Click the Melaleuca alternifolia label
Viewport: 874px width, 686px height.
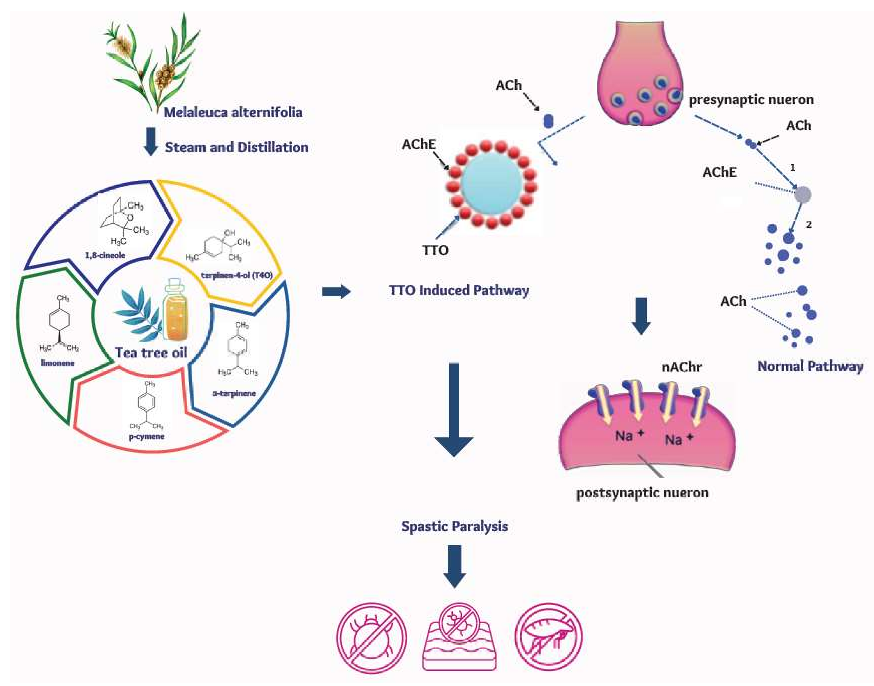point(233,112)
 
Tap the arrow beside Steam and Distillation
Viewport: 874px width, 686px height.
point(151,141)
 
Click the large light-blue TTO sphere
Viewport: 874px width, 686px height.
point(492,184)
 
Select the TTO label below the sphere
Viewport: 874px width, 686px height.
point(435,250)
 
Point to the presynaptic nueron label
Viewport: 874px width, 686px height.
point(751,99)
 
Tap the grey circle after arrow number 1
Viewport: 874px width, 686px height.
point(803,195)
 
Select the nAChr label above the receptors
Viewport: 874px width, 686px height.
point(681,366)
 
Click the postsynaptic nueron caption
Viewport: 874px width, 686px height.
point(642,493)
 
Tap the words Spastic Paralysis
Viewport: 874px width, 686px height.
point(455,526)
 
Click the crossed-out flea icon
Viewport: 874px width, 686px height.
point(548,637)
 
